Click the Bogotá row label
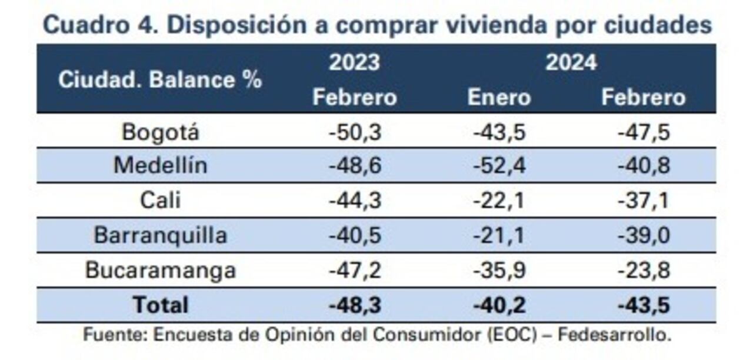(160, 132)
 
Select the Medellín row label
(160, 166)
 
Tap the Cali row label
(160, 201)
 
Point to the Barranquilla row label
(160, 235)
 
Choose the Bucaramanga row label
(160, 270)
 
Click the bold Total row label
(160, 305)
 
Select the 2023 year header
(354, 62)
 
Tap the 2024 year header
(571, 62)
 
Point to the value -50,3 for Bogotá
(355, 132)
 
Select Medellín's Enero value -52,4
(499, 166)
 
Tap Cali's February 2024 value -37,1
(644, 201)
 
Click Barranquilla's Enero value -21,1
(499, 235)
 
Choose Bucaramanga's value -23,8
(644, 270)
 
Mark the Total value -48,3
(355, 305)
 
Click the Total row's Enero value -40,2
(499, 305)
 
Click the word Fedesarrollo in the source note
(614, 335)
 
